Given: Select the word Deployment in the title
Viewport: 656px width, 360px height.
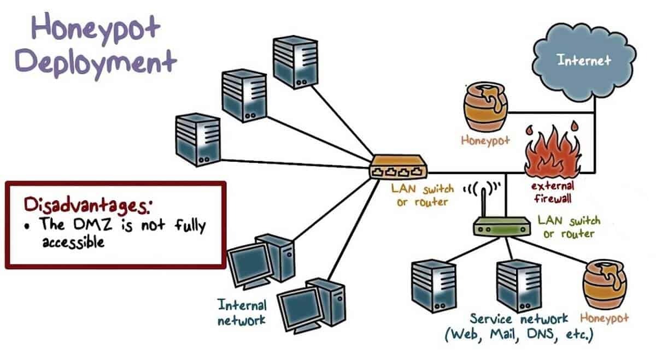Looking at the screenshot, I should point(96,62).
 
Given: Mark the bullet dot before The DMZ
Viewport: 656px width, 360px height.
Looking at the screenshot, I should point(27,225).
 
